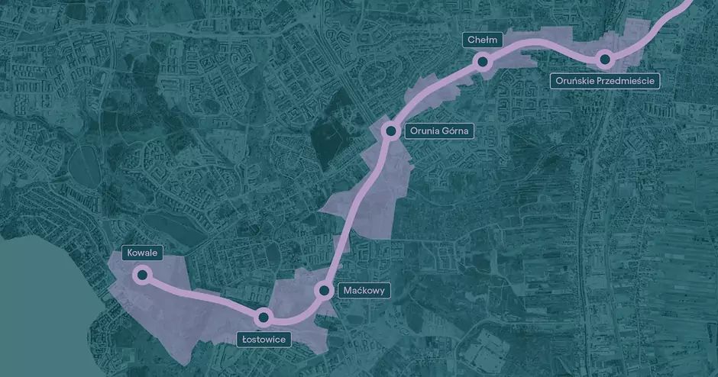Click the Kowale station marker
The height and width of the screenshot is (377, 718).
pyautogui.click(x=141, y=275)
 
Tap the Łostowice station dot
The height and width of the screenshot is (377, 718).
pyautogui.click(x=264, y=316)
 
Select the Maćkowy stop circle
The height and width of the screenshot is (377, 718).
pyautogui.click(x=324, y=290)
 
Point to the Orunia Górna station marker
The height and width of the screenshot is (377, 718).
pyautogui.click(x=390, y=131)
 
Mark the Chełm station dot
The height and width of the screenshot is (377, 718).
pyautogui.click(x=482, y=61)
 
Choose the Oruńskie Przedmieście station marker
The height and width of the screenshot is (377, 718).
pyautogui.click(x=603, y=58)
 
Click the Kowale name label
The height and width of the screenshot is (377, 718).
pyautogui.click(x=142, y=252)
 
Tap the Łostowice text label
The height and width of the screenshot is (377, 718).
pyautogui.click(x=264, y=339)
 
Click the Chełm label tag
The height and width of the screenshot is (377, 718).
pyautogui.click(x=482, y=39)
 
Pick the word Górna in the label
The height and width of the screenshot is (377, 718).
pyautogui.click(x=455, y=131)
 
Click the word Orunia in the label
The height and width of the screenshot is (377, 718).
pyautogui.click(x=424, y=131)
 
